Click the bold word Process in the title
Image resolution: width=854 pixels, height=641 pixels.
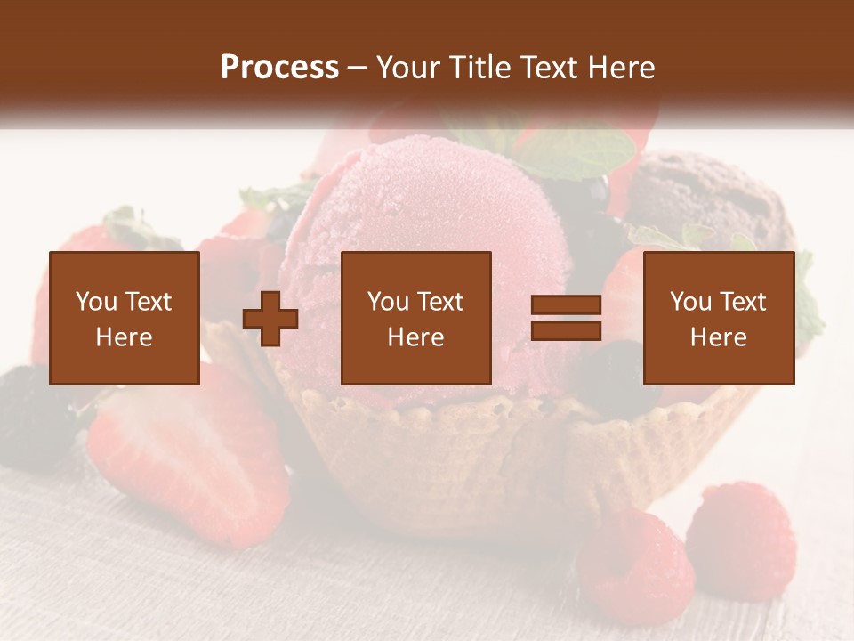tap(279, 68)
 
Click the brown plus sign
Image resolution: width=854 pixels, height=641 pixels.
tap(270, 319)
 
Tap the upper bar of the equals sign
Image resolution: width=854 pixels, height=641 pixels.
tap(566, 305)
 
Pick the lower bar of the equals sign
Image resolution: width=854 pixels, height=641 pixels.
tap(566, 331)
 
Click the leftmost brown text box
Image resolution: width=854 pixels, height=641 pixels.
tap(124, 318)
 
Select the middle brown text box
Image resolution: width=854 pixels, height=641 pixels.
tap(415, 318)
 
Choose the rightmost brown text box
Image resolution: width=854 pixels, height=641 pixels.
tap(718, 318)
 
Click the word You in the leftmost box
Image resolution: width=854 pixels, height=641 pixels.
tap(96, 302)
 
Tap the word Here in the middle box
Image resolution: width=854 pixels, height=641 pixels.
tap(415, 337)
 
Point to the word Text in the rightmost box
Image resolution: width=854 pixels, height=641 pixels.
tap(743, 302)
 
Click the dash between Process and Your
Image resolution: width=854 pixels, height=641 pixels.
tap(358, 68)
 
